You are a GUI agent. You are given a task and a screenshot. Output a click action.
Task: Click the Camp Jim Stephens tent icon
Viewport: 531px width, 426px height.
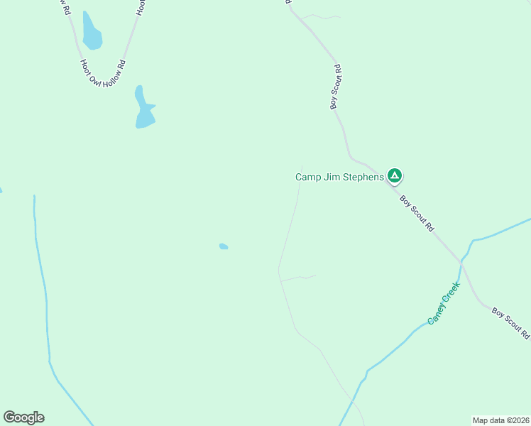(395, 176)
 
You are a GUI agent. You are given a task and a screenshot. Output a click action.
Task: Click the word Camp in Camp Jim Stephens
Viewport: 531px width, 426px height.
(308, 177)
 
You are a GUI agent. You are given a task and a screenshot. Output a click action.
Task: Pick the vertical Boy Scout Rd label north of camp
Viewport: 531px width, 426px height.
(336, 87)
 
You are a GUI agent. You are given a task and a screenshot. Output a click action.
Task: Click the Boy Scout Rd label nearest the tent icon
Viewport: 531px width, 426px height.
(417, 214)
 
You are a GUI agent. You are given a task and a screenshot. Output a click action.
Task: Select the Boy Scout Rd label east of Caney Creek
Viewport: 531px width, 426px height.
(511, 322)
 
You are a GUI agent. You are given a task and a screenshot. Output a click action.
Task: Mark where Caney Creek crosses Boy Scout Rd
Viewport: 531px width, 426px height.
(460, 262)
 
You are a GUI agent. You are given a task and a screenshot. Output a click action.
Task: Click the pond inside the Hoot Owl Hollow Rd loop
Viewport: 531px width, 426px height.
(91, 32)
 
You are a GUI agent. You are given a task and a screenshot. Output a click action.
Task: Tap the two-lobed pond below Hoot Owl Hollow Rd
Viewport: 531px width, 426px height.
(143, 109)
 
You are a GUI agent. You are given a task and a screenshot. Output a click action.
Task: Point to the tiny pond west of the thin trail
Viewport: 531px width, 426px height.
(224, 246)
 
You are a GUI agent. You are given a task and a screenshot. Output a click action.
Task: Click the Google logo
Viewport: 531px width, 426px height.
(23, 417)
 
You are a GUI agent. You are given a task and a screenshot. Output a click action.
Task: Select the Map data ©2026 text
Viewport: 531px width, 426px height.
(500, 420)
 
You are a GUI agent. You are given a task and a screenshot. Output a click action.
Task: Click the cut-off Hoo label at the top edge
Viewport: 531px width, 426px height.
(141, 7)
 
